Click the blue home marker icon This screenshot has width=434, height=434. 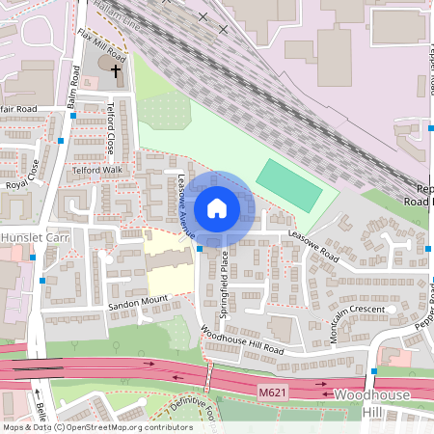click(217, 207)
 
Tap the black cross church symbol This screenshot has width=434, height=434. click(116, 70)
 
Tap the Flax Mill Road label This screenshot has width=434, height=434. click(100, 44)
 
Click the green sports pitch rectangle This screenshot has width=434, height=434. click(289, 186)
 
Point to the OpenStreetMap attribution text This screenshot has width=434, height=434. click(96, 427)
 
